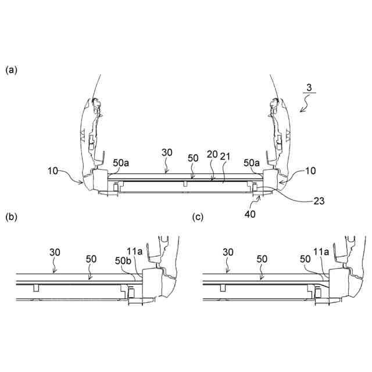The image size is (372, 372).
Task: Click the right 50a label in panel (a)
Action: (x=252, y=164)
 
